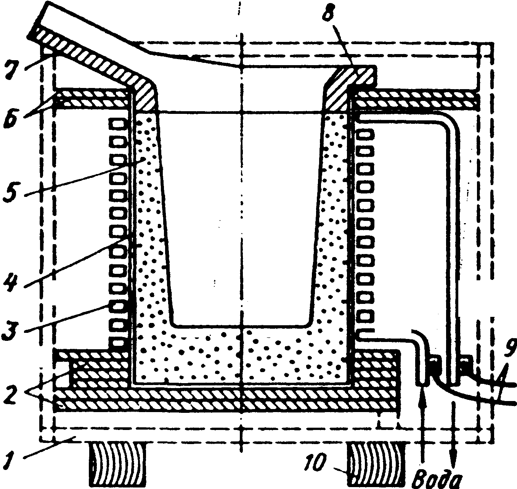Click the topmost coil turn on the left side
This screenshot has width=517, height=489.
click(117, 124)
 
